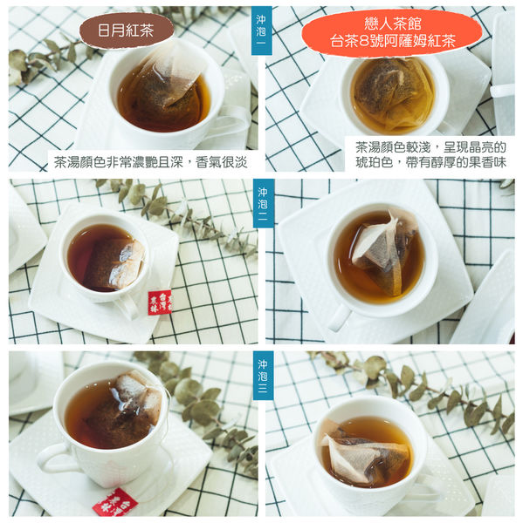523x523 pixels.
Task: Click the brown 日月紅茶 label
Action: tap(127, 31)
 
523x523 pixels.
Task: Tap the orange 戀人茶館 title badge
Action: tap(392, 33)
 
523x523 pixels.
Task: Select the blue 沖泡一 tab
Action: tap(261, 31)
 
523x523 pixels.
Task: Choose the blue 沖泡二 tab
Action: tap(264, 203)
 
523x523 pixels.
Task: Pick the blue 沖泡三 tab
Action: tap(263, 376)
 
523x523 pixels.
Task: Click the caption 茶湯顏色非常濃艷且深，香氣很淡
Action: tap(151, 162)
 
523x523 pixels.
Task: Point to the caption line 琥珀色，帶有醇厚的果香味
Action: tap(430, 162)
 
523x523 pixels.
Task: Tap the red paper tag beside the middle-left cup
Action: tap(160, 302)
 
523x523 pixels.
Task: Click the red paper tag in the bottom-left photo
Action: tap(114, 502)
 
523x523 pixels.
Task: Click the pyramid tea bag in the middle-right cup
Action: tap(384, 252)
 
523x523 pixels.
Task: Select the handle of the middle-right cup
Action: tap(339, 317)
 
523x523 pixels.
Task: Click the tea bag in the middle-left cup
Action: tap(115, 263)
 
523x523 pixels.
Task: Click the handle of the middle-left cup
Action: tap(128, 308)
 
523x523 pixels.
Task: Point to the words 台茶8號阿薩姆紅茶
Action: tap(393, 42)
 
